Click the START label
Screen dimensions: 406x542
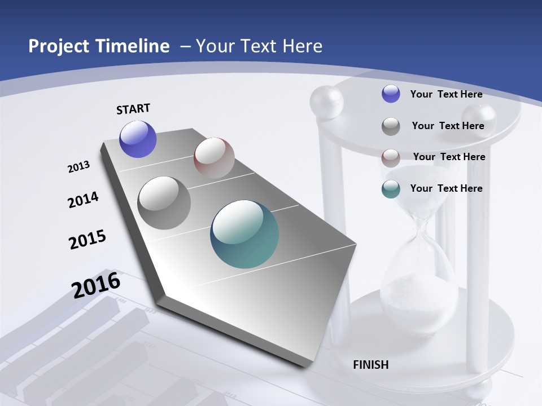coord(133,109)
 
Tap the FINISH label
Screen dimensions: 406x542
coord(371,365)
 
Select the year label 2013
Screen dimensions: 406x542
coord(79,167)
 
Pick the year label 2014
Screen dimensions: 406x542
coord(84,200)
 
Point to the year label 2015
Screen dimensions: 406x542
coord(88,240)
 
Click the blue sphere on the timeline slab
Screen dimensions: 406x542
coord(138,139)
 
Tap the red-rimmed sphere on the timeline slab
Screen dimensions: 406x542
coord(214,158)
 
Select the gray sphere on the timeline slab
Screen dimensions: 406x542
coord(164,203)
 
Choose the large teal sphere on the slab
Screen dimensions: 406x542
coord(244,234)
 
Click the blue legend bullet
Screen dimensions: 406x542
coord(391,94)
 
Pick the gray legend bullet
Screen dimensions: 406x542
coord(391,126)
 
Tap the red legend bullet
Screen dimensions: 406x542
coord(391,157)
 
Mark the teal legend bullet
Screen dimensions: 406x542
coord(391,189)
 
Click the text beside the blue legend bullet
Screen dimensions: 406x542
coord(446,94)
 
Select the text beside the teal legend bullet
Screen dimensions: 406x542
coord(446,188)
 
